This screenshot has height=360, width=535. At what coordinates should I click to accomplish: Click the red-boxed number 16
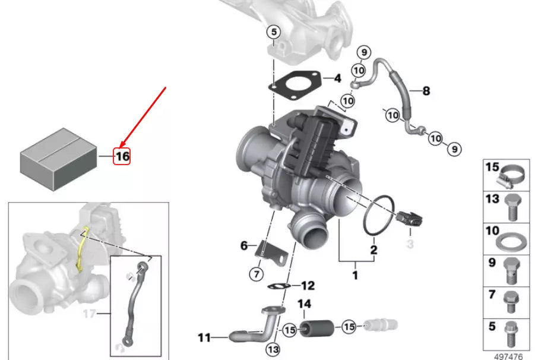click(122, 156)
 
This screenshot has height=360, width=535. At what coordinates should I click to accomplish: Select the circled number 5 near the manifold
click(273, 32)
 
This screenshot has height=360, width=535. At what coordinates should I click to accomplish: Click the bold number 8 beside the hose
click(426, 91)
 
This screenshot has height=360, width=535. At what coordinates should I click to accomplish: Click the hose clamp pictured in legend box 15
click(511, 176)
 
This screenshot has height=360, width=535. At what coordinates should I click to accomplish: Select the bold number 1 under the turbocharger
click(355, 276)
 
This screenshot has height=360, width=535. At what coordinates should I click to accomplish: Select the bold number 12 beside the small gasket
click(308, 286)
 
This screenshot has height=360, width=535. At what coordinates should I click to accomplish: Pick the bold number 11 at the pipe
click(204, 338)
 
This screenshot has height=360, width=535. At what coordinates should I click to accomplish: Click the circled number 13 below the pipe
click(273, 349)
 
